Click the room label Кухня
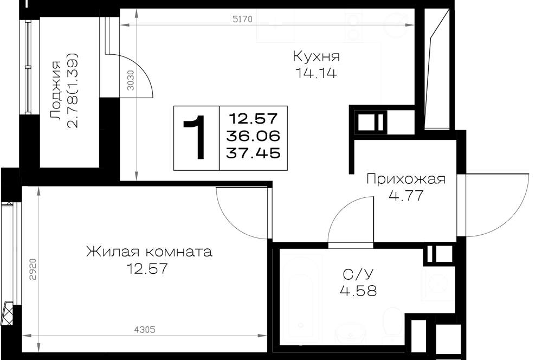(x=317, y=56)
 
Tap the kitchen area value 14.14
(x=316, y=73)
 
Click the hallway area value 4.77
(x=406, y=196)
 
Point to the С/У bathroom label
(x=358, y=274)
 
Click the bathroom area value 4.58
(x=358, y=291)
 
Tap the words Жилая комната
(x=149, y=252)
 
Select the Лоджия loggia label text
(x=56, y=91)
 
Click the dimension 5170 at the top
(x=243, y=20)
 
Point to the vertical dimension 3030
(x=130, y=80)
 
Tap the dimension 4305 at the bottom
(x=145, y=330)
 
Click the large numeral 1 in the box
(x=196, y=138)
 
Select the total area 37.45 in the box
(x=253, y=152)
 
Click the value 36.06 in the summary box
(x=253, y=136)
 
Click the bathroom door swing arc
(x=340, y=211)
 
